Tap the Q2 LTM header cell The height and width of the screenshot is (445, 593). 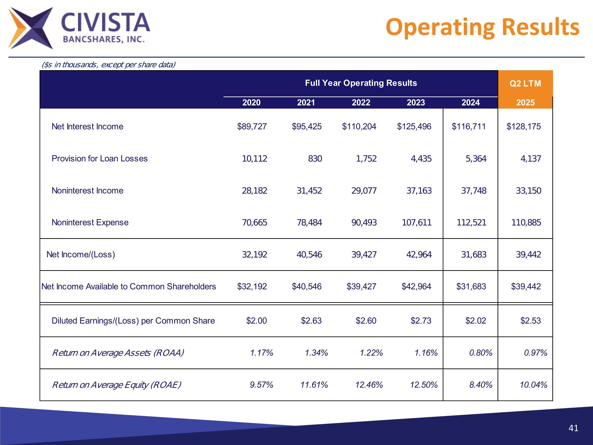click(x=525, y=83)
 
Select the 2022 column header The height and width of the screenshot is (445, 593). click(x=361, y=102)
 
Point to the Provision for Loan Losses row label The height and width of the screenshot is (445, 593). click(x=99, y=159)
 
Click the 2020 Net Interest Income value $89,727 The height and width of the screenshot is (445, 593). click(x=252, y=126)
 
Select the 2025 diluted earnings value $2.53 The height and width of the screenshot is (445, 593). click(x=530, y=321)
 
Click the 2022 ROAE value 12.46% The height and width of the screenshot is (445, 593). click(x=369, y=385)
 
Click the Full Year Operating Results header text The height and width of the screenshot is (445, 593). click(x=361, y=83)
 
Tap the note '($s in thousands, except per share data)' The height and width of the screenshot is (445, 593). click(x=109, y=65)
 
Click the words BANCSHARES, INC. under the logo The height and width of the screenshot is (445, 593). click(x=104, y=39)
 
